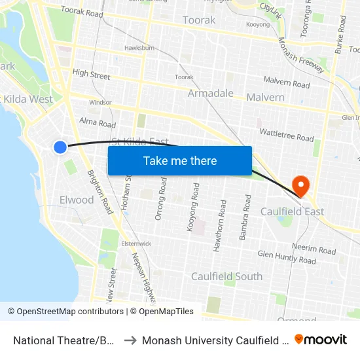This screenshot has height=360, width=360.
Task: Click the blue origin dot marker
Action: point(60,147)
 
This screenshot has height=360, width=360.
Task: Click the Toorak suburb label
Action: point(199,20)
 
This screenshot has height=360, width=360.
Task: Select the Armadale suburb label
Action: point(210,94)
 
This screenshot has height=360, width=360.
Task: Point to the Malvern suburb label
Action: point(265,98)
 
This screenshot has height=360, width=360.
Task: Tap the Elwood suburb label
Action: point(77,200)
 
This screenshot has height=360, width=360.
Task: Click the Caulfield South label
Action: point(226,276)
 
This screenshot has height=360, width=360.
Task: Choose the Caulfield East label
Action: point(292,212)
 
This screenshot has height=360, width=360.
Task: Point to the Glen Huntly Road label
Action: point(287,257)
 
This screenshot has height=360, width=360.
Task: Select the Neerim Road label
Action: point(314,249)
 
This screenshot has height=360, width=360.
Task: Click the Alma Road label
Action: point(97,123)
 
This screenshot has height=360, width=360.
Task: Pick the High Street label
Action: point(91,75)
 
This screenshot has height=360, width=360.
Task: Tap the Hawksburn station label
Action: point(139,48)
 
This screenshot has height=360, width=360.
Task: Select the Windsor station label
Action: point(100,103)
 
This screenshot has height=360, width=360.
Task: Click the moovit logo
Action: point(321,339)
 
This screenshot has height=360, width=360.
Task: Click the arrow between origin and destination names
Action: point(130,340)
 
